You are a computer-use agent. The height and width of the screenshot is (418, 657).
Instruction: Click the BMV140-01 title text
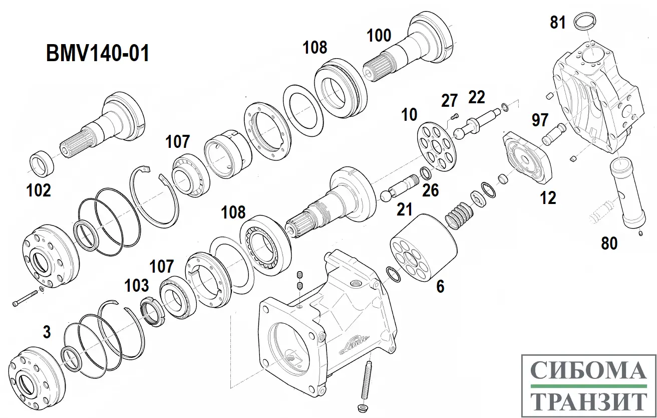point(98,53)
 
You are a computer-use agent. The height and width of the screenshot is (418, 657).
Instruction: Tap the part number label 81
point(557,23)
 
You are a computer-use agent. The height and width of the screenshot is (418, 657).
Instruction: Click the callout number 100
point(379,36)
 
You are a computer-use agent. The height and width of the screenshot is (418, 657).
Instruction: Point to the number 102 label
point(39,190)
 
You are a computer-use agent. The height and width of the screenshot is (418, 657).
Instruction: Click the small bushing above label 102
point(42,163)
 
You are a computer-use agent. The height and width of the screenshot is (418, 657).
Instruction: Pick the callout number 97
point(540,120)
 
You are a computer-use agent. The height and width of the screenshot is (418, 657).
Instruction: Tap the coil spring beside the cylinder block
point(459,215)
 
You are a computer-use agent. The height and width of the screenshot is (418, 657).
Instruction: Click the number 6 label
point(440,287)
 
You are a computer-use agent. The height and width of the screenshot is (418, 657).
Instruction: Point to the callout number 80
point(609,244)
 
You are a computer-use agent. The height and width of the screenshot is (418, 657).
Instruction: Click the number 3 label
point(47,332)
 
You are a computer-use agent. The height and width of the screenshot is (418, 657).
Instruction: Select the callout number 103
point(136,285)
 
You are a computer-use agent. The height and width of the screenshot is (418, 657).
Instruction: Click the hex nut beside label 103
point(152,311)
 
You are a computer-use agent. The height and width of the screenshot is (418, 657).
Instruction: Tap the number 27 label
point(449,101)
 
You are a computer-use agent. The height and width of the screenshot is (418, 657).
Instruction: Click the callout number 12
point(548,198)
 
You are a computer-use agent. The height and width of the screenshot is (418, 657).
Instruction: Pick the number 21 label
point(405,210)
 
